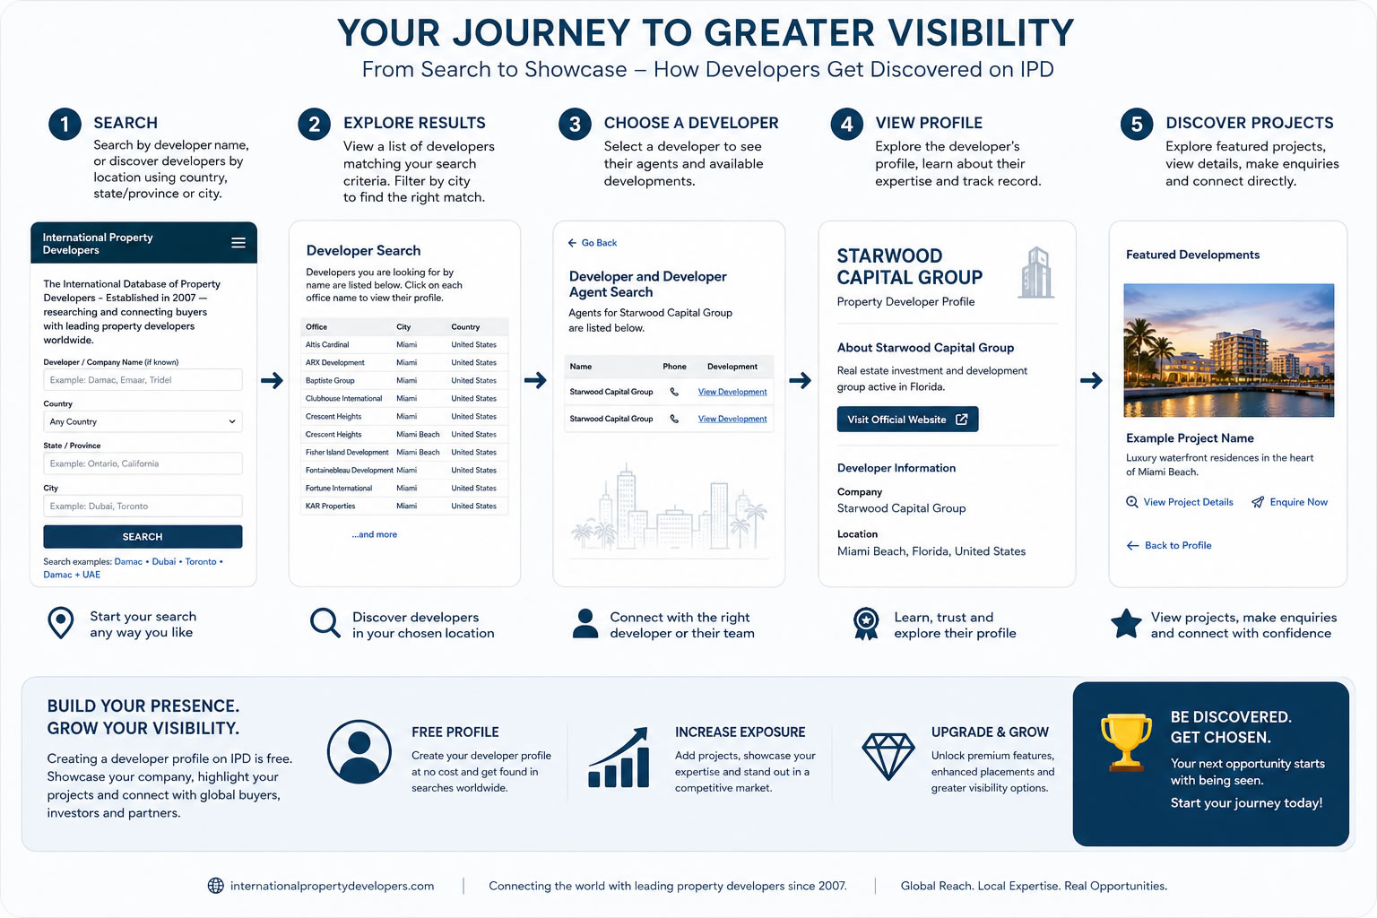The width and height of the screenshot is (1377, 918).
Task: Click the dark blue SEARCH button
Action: (143, 536)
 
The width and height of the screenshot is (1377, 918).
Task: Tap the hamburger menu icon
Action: (238, 243)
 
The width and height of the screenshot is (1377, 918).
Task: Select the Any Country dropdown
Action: (143, 422)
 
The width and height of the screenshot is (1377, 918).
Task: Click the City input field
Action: (143, 506)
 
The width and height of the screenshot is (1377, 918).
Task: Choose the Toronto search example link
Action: (201, 561)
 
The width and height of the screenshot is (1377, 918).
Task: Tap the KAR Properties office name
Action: (330, 506)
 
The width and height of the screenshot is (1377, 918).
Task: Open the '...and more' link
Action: (375, 534)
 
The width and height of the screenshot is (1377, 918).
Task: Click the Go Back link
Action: (592, 243)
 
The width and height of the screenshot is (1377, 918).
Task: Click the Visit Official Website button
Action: (907, 420)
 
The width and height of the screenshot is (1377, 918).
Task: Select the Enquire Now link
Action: (1290, 502)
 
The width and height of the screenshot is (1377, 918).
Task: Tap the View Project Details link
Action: (1180, 502)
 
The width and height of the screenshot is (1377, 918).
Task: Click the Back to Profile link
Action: (1169, 545)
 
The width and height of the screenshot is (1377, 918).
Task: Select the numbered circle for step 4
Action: (846, 124)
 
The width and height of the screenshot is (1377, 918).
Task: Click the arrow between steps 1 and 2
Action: (272, 381)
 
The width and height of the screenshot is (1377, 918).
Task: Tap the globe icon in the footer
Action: (215, 886)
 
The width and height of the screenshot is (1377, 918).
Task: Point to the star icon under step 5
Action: (1126, 624)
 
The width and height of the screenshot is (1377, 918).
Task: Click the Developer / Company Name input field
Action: (143, 380)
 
